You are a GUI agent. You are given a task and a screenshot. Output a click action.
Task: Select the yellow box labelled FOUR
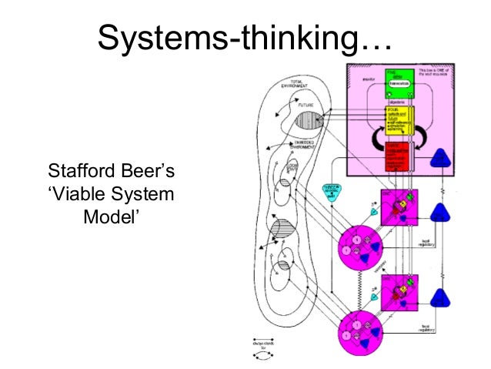pyautogui.click(x=397, y=119)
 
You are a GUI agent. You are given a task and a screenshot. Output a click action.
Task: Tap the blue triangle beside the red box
pyautogui.click(x=441, y=158)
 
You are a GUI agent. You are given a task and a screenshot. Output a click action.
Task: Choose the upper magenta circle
pyautogui.click(x=360, y=250)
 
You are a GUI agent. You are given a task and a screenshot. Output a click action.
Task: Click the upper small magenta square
pyautogui.click(x=399, y=208)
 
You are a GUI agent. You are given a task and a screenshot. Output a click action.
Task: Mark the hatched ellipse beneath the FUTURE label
pyautogui.click(x=309, y=121)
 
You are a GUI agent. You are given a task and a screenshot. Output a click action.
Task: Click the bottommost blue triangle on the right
pyautogui.click(x=441, y=297)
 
